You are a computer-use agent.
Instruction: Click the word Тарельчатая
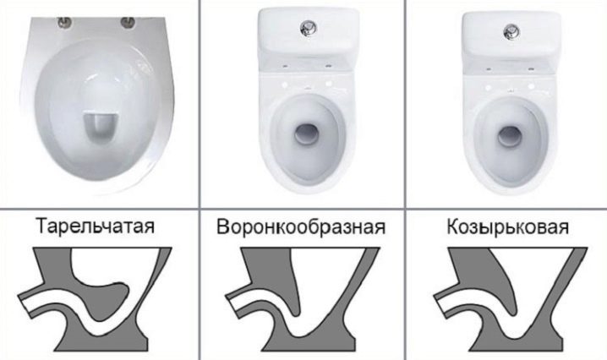click(95, 226)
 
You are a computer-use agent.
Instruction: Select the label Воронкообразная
click(301, 226)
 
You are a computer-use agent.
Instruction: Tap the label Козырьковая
click(508, 226)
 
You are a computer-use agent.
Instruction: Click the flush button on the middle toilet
click(309, 28)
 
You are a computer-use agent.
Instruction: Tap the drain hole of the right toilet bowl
click(511, 136)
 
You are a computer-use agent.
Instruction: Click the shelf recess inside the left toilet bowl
click(101, 127)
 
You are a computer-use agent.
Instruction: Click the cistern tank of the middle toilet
click(309, 33)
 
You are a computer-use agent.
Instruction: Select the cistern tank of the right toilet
click(511, 34)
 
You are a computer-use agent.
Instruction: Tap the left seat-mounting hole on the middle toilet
click(285, 84)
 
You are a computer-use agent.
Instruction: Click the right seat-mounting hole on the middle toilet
click(329, 84)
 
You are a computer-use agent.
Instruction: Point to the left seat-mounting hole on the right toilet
click(489, 87)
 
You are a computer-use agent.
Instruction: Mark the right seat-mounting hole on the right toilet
click(532, 86)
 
